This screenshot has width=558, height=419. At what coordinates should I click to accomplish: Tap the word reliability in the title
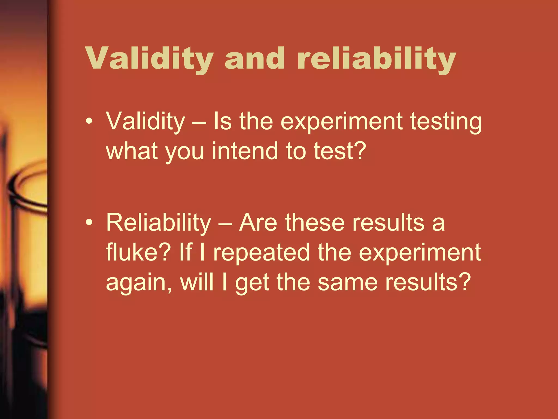pos(377,59)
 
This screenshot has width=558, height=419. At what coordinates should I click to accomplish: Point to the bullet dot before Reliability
pos(89,222)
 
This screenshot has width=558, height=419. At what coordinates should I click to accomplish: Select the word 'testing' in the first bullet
pos(446,122)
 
